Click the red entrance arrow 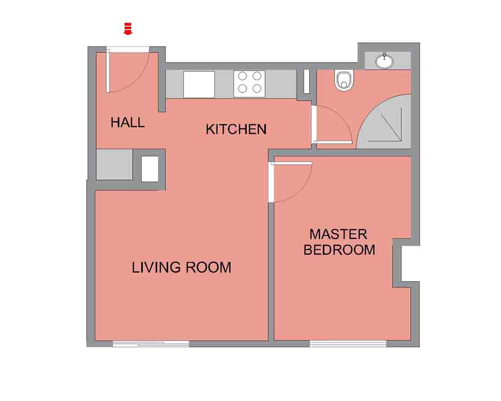pos(128,29)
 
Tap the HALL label pos(127,122)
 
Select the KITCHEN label pos(236,129)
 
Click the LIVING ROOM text pos(181,267)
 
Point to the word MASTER pos(338,235)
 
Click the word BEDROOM pos(339,250)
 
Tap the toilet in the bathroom pos(344,81)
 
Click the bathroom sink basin pos(384,61)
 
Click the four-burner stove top pos(249,84)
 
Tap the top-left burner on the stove pos(242,76)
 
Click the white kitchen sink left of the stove pos(199,84)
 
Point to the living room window pos(151,344)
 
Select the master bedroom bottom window pos(348,344)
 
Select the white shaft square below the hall pos(150,169)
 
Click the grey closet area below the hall pos(114,164)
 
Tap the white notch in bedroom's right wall pos(410,264)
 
